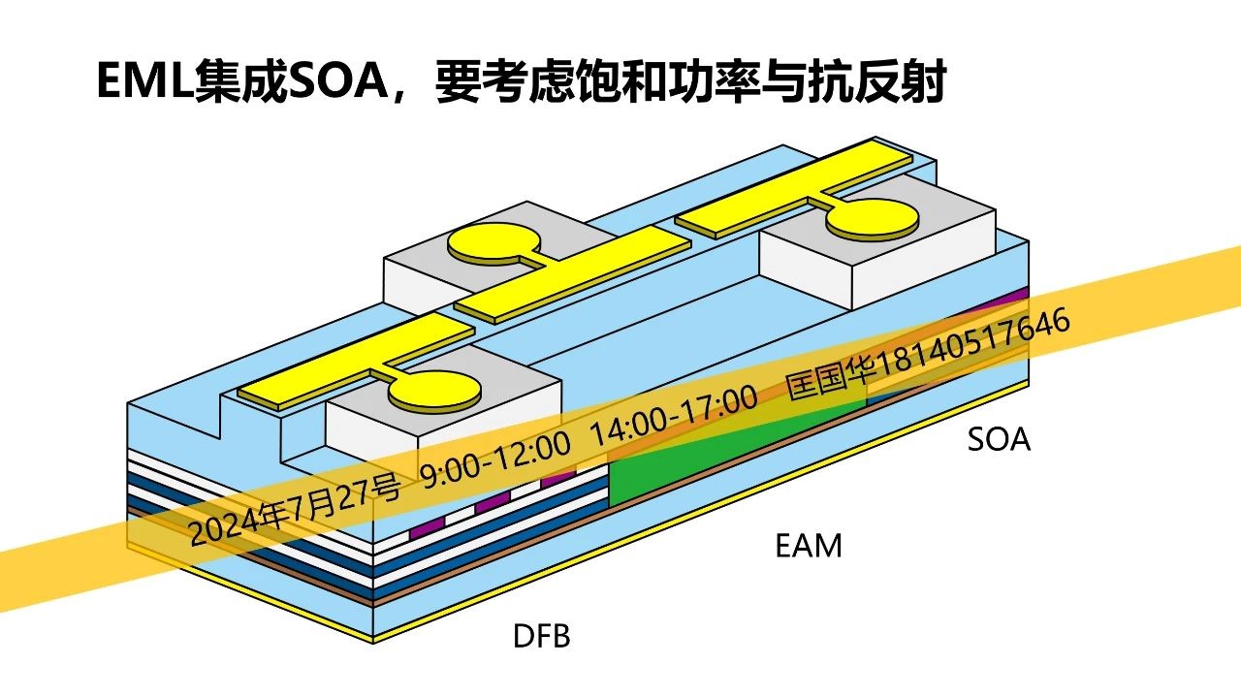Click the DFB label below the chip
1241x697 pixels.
pyautogui.click(x=541, y=637)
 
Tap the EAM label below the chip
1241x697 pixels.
pyautogui.click(x=809, y=546)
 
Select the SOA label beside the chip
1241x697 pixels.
pyautogui.click(x=999, y=440)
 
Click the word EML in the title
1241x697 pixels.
pyautogui.click(x=143, y=81)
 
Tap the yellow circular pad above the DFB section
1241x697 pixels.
pyautogui.click(x=434, y=390)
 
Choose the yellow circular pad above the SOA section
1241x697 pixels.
pyautogui.click(x=870, y=218)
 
